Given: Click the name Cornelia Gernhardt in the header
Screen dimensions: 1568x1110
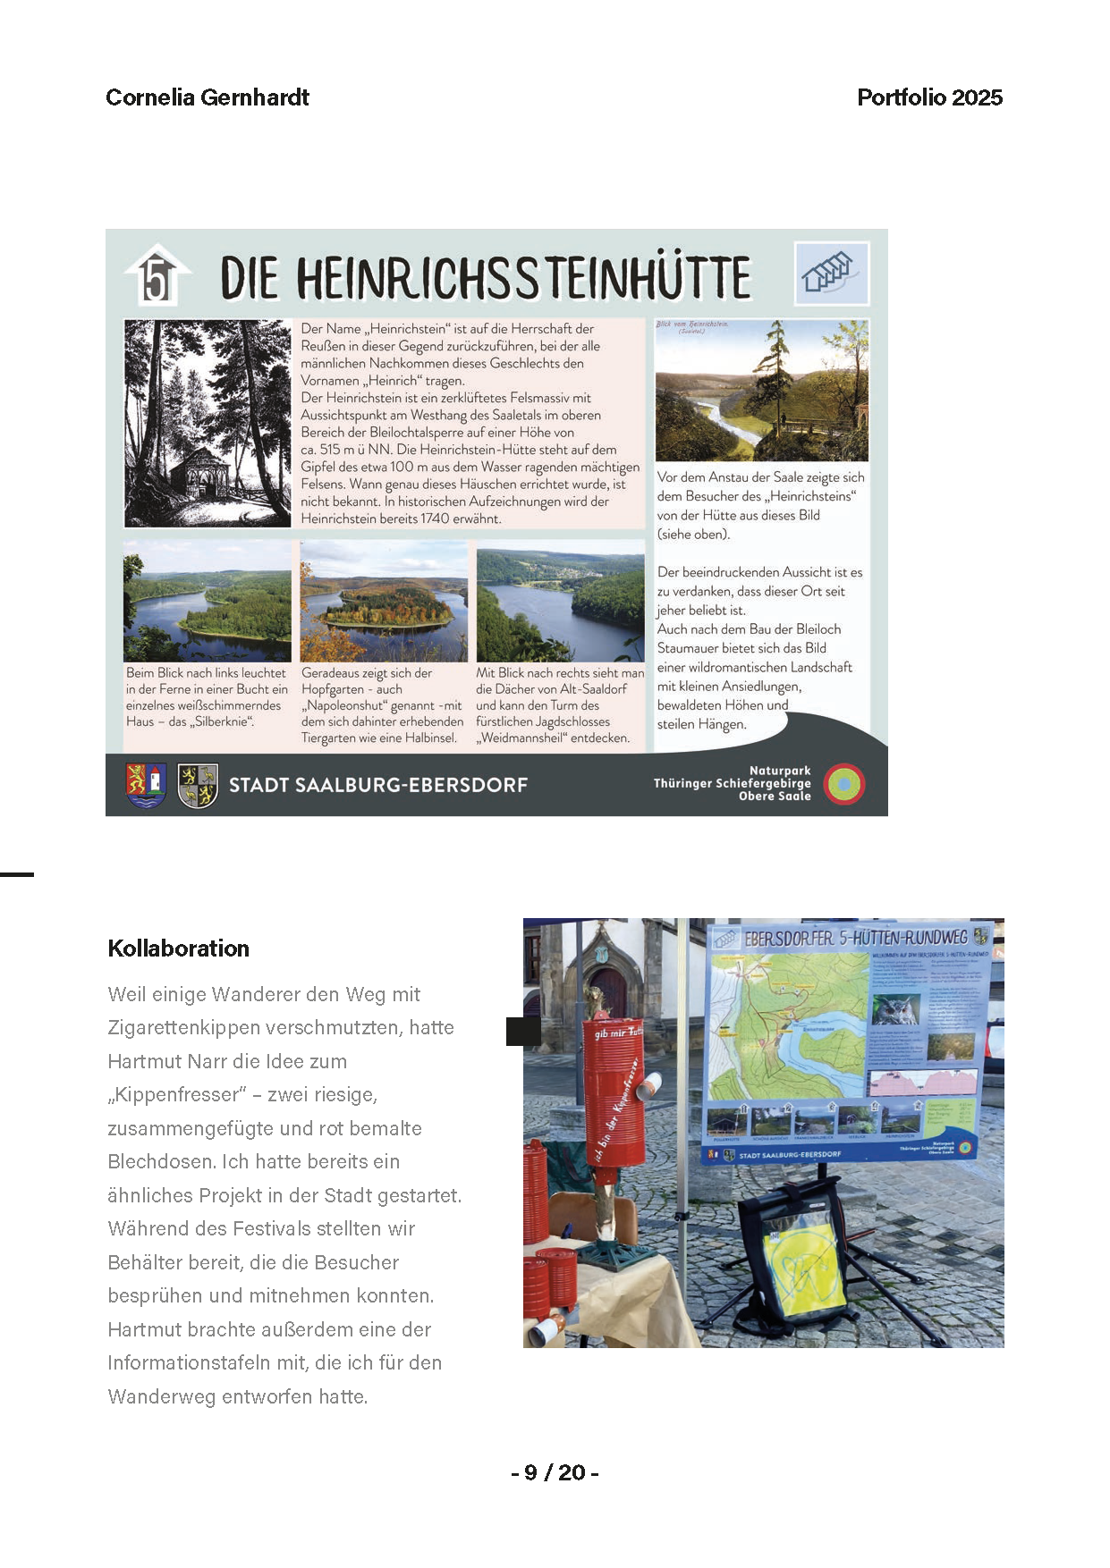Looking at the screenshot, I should (x=208, y=97).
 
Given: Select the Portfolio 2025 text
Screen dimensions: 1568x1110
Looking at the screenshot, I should (x=929, y=97).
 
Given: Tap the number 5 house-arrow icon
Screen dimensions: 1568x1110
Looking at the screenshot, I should (x=157, y=276).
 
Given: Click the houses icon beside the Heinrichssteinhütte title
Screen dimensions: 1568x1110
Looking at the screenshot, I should (x=832, y=273).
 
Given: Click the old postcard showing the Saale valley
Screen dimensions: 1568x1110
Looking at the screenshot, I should (x=761, y=390).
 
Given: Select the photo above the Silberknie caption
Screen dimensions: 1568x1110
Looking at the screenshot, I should (x=208, y=601).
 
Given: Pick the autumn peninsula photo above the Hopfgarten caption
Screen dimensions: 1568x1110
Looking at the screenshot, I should (x=384, y=601).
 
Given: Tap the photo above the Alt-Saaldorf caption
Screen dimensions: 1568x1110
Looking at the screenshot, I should (x=560, y=601).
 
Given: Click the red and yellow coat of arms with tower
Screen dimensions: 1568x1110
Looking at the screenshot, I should (x=146, y=785).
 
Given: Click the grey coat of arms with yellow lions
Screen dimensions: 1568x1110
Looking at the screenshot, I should (x=198, y=785).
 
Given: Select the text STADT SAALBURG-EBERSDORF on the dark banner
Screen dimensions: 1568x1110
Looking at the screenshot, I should (x=378, y=785).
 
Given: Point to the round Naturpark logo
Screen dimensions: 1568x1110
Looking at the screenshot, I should (x=843, y=784).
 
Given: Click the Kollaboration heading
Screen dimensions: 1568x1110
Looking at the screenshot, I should (x=178, y=948).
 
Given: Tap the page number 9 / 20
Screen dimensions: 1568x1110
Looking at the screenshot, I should (x=555, y=1472).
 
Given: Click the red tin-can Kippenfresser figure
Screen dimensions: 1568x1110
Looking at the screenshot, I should (x=615, y=1109).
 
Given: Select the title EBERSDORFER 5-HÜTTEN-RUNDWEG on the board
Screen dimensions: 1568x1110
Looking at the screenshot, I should (x=855, y=938).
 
